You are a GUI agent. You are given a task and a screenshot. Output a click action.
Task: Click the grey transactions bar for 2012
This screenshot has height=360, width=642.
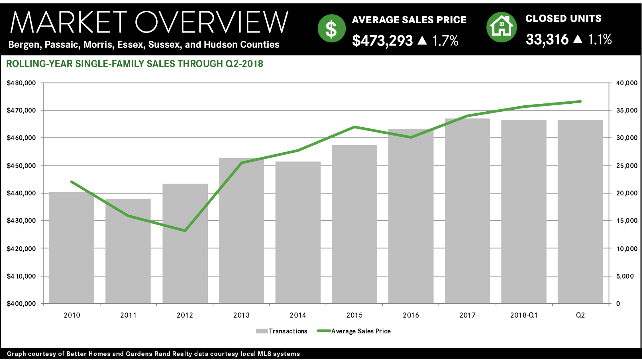tap(185, 256)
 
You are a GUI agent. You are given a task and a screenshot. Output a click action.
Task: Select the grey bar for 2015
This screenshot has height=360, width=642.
tap(354, 228)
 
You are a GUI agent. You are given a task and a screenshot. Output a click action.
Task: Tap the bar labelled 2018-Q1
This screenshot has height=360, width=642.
tap(524, 214)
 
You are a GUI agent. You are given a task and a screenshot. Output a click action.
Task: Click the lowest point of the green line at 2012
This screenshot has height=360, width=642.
tap(185, 230)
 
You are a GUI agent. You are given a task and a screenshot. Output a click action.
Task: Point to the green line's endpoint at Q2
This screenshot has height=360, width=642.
tap(580, 101)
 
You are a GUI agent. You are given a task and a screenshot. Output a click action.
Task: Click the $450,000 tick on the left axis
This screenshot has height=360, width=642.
tap(21, 166)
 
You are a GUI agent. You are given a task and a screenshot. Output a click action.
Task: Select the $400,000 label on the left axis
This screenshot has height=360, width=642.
tap(21, 304)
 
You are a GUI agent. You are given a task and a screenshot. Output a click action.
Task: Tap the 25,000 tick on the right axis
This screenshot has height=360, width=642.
tap(626, 166)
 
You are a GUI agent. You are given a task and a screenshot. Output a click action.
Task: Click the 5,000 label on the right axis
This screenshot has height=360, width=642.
tap(625, 276)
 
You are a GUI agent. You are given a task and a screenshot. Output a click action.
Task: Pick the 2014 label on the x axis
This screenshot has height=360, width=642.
tap(298, 315)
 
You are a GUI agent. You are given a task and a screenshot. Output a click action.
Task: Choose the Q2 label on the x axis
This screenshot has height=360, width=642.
tap(580, 315)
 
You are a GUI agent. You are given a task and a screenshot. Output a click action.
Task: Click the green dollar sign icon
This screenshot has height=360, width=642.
tap(331, 28)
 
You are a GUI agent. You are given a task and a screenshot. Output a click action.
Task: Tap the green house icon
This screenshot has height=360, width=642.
tap(502, 27)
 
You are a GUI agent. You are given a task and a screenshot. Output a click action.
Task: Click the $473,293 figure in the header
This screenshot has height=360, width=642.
tap(382, 40)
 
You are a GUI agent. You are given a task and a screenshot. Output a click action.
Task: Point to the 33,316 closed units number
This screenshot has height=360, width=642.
tap(547, 39)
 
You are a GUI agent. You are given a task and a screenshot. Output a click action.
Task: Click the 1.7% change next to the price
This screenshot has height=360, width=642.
tap(445, 40)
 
